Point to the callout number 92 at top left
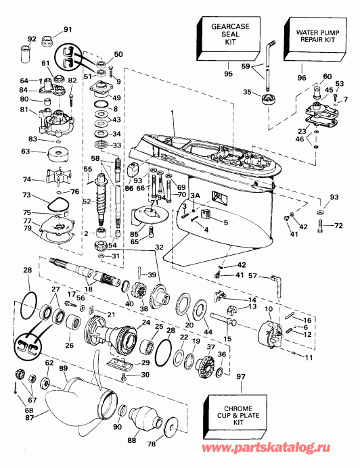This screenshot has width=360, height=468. [31, 39]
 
